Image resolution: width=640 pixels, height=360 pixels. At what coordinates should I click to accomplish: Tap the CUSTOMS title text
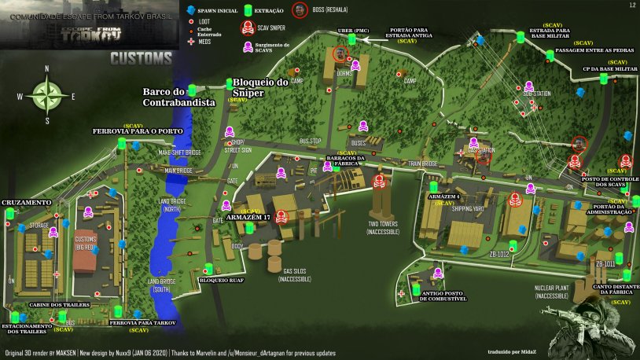[141, 58]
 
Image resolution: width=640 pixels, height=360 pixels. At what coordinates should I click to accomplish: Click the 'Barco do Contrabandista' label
[179, 96]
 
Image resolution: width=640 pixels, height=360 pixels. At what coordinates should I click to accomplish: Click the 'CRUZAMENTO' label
[27, 202]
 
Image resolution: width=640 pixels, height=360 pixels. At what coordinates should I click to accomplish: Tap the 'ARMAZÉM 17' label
[248, 216]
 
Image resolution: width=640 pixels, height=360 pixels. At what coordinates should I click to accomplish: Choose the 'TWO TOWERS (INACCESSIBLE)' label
[383, 228]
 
